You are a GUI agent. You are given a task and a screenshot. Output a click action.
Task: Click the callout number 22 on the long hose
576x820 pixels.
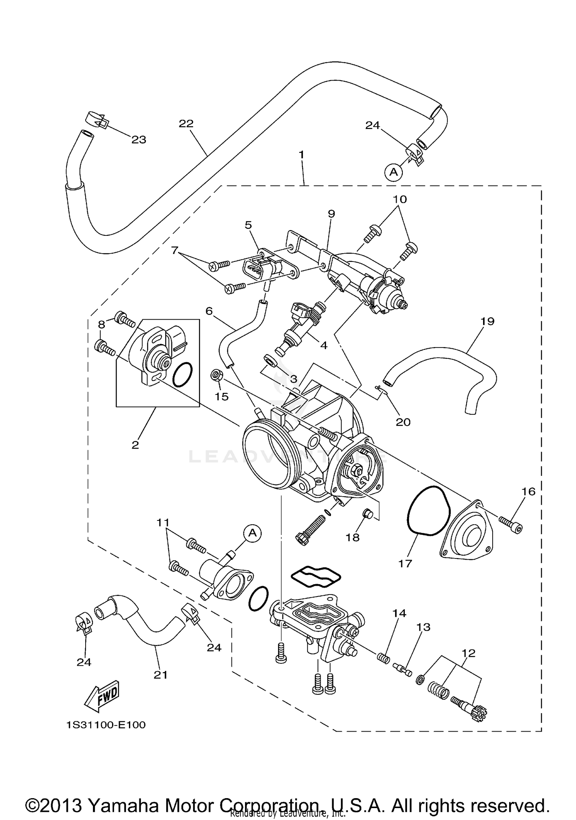(x=186, y=124)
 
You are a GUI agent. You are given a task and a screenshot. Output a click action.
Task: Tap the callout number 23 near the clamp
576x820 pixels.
(x=139, y=140)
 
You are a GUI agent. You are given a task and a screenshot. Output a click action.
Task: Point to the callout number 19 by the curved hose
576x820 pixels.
(x=487, y=321)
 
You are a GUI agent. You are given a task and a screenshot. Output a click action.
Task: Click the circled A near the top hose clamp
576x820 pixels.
(x=394, y=172)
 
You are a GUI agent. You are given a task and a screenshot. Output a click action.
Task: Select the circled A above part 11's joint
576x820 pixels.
(x=252, y=533)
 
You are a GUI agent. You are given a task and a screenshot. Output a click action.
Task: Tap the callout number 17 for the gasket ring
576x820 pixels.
(x=405, y=563)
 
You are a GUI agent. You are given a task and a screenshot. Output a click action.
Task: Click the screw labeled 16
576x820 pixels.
(x=511, y=526)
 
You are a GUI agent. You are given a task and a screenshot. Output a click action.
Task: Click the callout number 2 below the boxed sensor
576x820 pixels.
(x=135, y=445)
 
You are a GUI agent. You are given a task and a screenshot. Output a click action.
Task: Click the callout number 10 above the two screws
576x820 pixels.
(x=400, y=199)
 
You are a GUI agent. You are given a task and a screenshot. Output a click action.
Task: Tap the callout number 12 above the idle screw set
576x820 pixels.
(x=469, y=653)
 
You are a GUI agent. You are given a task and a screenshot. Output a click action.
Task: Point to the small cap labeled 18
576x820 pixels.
(x=367, y=512)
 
